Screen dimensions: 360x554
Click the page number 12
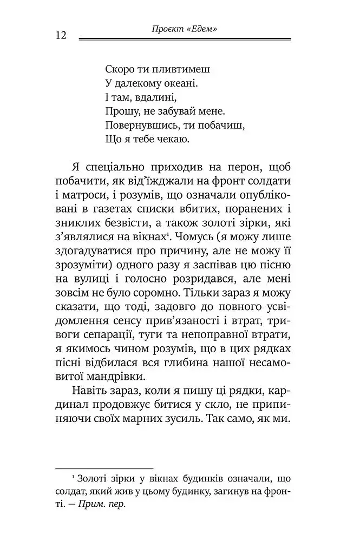pyautogui.click(x=60, y=35)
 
